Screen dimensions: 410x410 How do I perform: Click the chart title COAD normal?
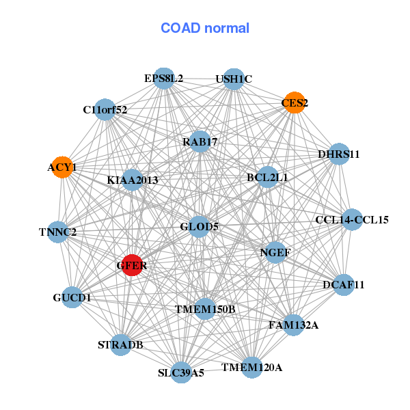point(205,28)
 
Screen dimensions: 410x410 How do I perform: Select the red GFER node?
point(132,265)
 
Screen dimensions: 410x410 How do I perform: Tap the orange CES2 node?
point(294,102)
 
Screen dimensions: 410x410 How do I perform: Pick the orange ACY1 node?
point(61,167)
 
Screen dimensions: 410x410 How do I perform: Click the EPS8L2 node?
point(163,78)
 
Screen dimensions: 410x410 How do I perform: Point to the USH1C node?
point(234,79)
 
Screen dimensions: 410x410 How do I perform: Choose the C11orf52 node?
point(105,109)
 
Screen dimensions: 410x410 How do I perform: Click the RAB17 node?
point(200,141)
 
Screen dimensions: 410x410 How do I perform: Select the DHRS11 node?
point(339,154)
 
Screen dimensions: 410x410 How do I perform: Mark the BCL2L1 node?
point(267,178)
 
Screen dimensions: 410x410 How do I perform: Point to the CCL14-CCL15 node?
point(352,219)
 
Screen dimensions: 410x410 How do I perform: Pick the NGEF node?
point(275,252)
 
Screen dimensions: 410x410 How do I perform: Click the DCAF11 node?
point(343,284)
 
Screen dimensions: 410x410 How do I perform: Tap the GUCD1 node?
point(72,298)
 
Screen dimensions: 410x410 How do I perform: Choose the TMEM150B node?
point(205,309)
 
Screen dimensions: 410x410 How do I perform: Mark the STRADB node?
point(121,345)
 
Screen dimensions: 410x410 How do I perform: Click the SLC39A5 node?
point(181,372)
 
